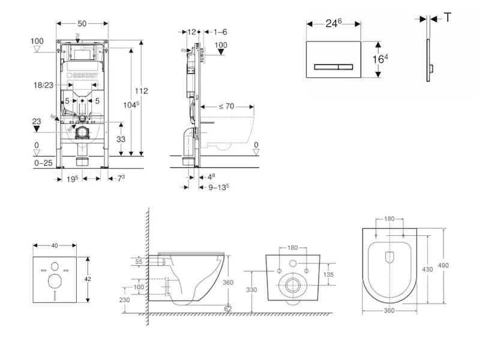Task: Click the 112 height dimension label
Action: (141, 91)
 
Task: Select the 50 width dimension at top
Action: (82, 23)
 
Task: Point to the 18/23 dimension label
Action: (43, 86)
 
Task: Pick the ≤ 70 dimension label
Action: (226, 107)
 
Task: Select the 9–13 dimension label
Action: (219, 187)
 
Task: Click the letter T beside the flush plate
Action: (448, 17)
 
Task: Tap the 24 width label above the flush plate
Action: (333, 23)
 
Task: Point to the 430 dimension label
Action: (427, 269)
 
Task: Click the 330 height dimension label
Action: (252, 290)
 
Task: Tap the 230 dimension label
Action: (124, 300)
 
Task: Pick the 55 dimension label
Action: (139, 262)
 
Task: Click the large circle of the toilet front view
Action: (293, 285)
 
